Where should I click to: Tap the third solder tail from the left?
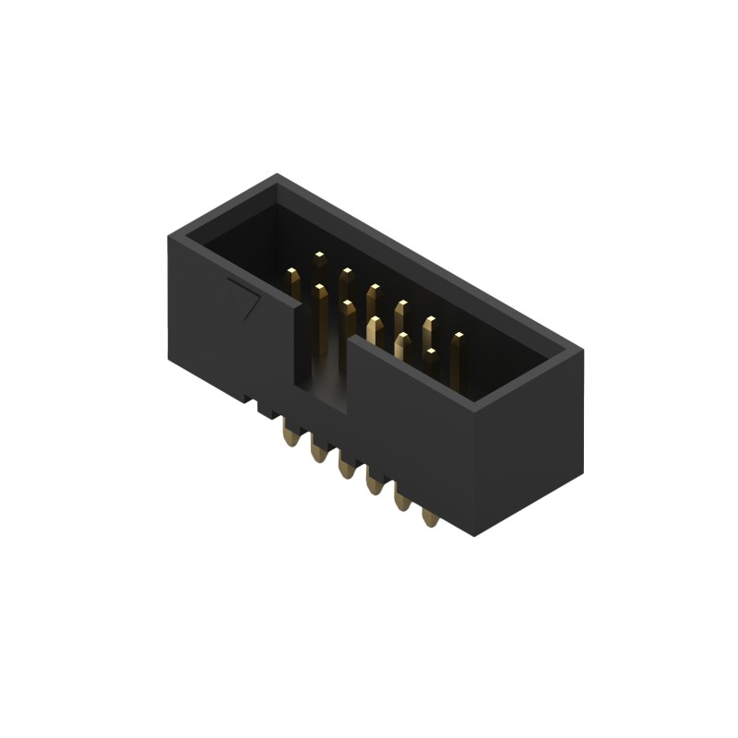pyautogui.click(x=347, y=468)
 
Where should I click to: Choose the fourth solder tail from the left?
pyautogui.click(x=375, y=483)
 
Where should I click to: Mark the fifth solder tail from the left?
pyautogui.click(x=402, y=501)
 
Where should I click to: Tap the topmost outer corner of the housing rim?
pyautogui.click(x=276, y=175)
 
